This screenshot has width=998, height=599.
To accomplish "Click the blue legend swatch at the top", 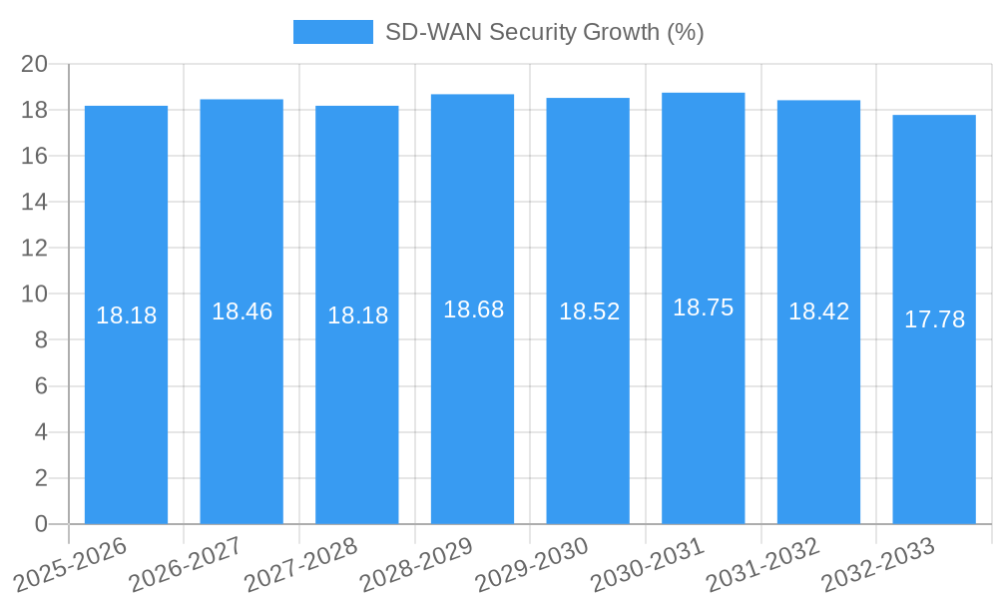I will point(332,32).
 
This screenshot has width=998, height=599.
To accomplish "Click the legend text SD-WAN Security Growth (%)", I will point(544,32).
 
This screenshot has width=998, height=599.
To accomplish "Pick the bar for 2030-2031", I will point(703,399).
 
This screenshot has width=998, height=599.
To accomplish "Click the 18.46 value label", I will point(242,311).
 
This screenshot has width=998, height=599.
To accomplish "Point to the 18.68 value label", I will point(473,309).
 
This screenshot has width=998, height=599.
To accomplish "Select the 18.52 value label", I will point(589,311).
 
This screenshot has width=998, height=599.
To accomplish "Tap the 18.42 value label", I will point(818,311).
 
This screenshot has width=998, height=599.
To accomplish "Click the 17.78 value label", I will point(934,319).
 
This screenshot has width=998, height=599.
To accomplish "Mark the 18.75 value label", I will point(703,307).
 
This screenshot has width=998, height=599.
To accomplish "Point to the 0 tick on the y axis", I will point(41,524).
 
